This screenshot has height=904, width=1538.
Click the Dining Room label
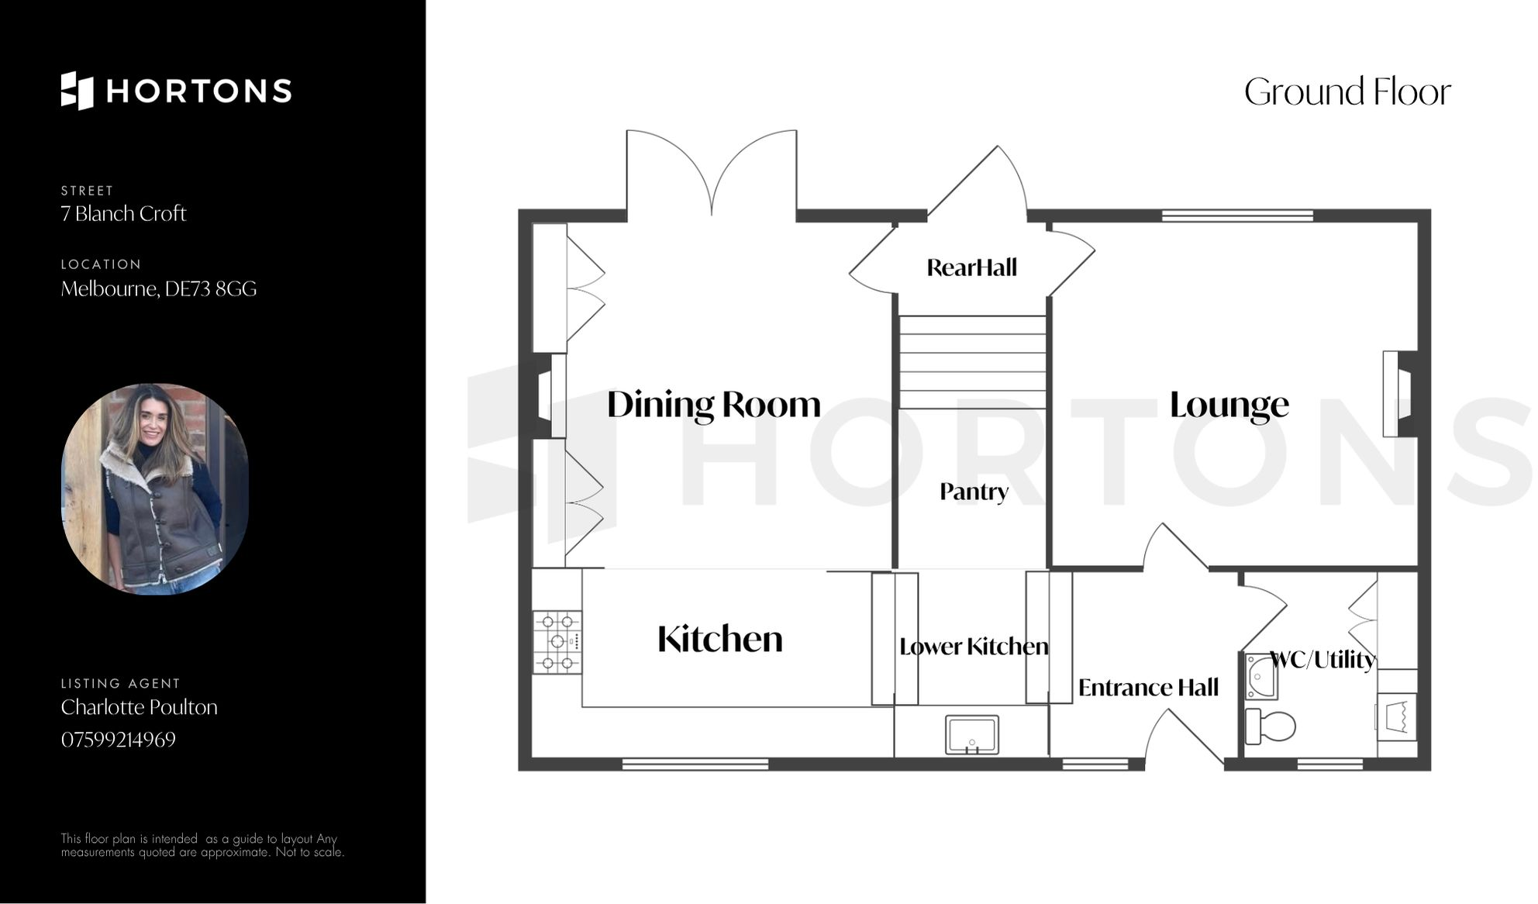tap(713, 405)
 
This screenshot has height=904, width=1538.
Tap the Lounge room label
tap(1229, 405)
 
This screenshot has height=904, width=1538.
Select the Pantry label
tap(974, 492)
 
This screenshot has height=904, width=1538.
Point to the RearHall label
tap(971, 267)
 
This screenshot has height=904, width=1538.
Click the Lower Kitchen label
tap(974, 647)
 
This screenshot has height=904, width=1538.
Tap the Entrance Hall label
tap(1148, 688)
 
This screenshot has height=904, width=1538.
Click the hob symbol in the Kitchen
tap(557, 642)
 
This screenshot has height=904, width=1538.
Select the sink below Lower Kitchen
tap(971, 734)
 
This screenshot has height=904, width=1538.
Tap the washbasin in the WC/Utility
tap(1261, 677)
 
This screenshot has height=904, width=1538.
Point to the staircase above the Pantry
tap(972, 362)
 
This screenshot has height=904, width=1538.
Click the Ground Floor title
tap(1347, 92)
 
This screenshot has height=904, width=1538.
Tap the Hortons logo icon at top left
tap(77, 91)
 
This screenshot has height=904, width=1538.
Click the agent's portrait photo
tap(155, 489)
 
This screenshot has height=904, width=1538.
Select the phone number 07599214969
tap(119, 740)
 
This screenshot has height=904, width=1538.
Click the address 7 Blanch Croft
tap(123, 214)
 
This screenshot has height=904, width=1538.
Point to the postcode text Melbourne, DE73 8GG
tap(158, 289)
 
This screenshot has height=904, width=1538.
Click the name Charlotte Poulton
tap(139, 707)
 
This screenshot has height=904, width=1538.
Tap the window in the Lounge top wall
tap(1237, 216)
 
